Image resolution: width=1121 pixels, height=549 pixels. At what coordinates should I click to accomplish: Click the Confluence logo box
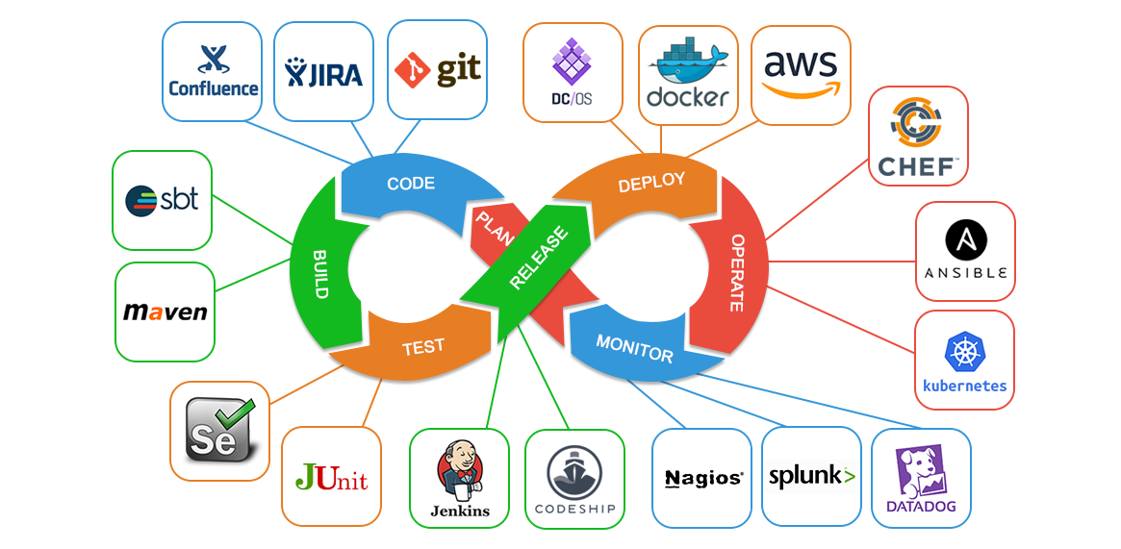pos(213,72)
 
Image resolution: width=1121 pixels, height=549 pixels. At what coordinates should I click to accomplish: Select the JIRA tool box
pos(324,72)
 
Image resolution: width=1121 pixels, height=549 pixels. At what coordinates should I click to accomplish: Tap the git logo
pos(437,70)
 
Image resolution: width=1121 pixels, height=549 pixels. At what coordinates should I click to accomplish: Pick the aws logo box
pos(801,75)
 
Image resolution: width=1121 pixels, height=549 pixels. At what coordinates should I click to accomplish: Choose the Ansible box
pos(965,251)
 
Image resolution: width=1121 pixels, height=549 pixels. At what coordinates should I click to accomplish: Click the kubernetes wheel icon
pos(963,352)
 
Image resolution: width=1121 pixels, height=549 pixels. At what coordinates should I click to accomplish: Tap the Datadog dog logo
pos(922,468)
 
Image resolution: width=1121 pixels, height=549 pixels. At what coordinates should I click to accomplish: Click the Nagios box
pos(702,478)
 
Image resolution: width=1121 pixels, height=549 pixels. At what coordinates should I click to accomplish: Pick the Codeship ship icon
pos(573,470)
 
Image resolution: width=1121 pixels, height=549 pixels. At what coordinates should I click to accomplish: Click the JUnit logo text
pos(331,478)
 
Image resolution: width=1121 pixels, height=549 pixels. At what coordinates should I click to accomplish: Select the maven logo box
pos(165,312)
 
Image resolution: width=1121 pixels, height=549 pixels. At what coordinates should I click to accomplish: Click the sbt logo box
pos(162,200)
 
